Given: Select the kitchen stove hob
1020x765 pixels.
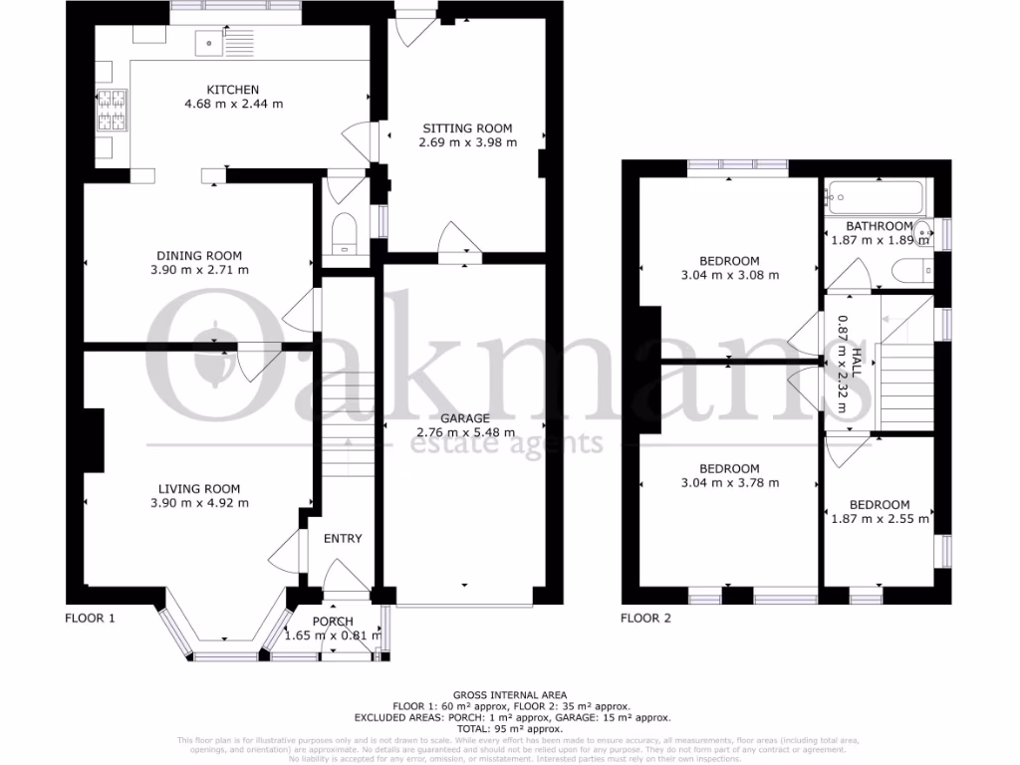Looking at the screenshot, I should click(111, 111).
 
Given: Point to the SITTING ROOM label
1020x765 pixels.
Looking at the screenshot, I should click(467, 127).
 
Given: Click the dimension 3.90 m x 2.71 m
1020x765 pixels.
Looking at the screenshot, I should click(200, 270).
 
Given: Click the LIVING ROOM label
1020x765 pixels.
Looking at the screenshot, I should click(199, 488).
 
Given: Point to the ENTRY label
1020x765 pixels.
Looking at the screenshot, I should click(343, 538).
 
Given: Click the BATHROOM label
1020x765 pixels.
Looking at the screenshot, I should click(879, 226).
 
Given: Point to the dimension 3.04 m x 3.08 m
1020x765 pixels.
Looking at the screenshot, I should click(729, 276).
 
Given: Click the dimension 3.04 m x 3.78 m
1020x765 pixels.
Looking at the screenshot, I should click(729, 483).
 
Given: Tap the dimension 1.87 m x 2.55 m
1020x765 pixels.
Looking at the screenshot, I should click(881, 518).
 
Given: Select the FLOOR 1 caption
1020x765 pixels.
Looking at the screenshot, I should click(90, 618).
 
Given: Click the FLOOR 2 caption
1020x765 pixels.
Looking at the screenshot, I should click(645, 618).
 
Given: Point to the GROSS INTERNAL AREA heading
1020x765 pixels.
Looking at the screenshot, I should click(510, 694).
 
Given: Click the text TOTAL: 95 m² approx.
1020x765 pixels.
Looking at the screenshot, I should click(510, 727).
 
